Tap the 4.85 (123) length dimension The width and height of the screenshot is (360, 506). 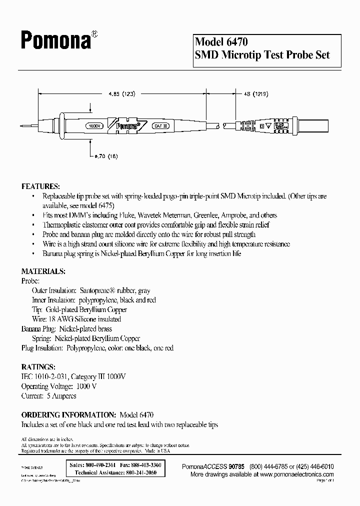click(122, 93)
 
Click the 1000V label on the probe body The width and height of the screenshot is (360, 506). click(95, 126)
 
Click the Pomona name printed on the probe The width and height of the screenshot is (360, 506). click(125, 126)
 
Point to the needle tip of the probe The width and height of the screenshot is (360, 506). click(30, 126)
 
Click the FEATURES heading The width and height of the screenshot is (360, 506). click(40, 186)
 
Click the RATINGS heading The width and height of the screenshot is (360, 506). click(38, 366)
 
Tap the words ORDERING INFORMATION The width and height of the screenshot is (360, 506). click(67, 415)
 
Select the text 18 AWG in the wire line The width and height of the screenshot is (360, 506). click(61, 319)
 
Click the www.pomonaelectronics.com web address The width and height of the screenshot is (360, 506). click(296, 473)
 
